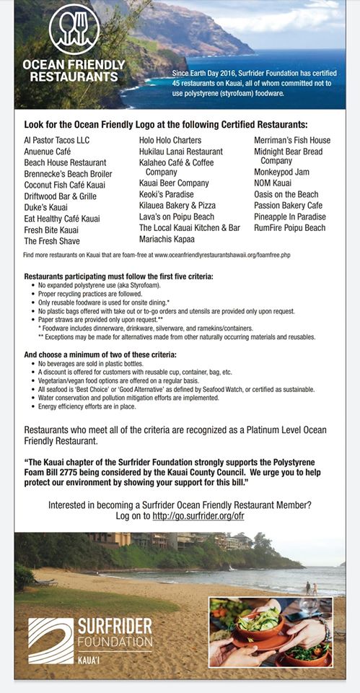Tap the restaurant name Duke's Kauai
[44, 206]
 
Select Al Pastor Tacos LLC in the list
[58, 140]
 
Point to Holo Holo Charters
[170, 140]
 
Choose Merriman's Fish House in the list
[292, 140]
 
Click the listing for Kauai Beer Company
[174, 184]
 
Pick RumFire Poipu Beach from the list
[289, 228]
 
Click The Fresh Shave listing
[52, 241]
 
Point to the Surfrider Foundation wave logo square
[51, 641]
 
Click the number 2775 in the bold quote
[118, 472]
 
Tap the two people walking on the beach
[311, 588]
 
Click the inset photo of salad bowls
[271, 632]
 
